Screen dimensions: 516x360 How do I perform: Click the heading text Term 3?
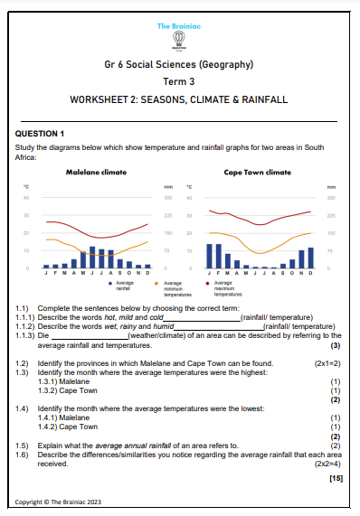pyautogui.click(x=178, y=80)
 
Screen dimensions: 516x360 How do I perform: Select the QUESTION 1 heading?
pyautogui.click(x=41, y=133)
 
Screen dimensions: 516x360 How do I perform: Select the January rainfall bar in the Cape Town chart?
pyautogui.click(x=210, y=256)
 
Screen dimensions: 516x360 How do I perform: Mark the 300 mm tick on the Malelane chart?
pyautogui.click(x=167, y=197)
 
